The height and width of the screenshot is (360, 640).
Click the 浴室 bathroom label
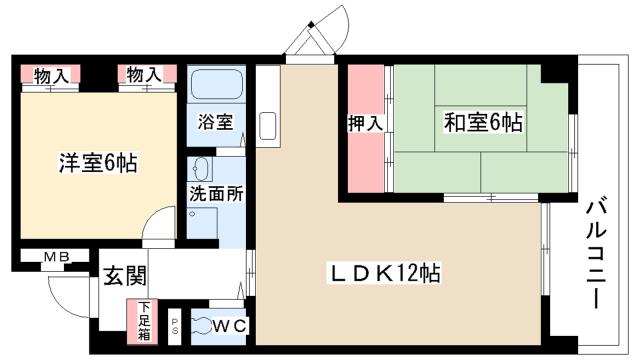coord(216,123)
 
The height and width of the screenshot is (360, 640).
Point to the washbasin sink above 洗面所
coord(200,167)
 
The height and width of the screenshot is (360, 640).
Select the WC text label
coord(230,324)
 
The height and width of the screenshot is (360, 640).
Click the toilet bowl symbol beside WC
coord(200,324)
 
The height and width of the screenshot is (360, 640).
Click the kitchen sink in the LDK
coord(268,127)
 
